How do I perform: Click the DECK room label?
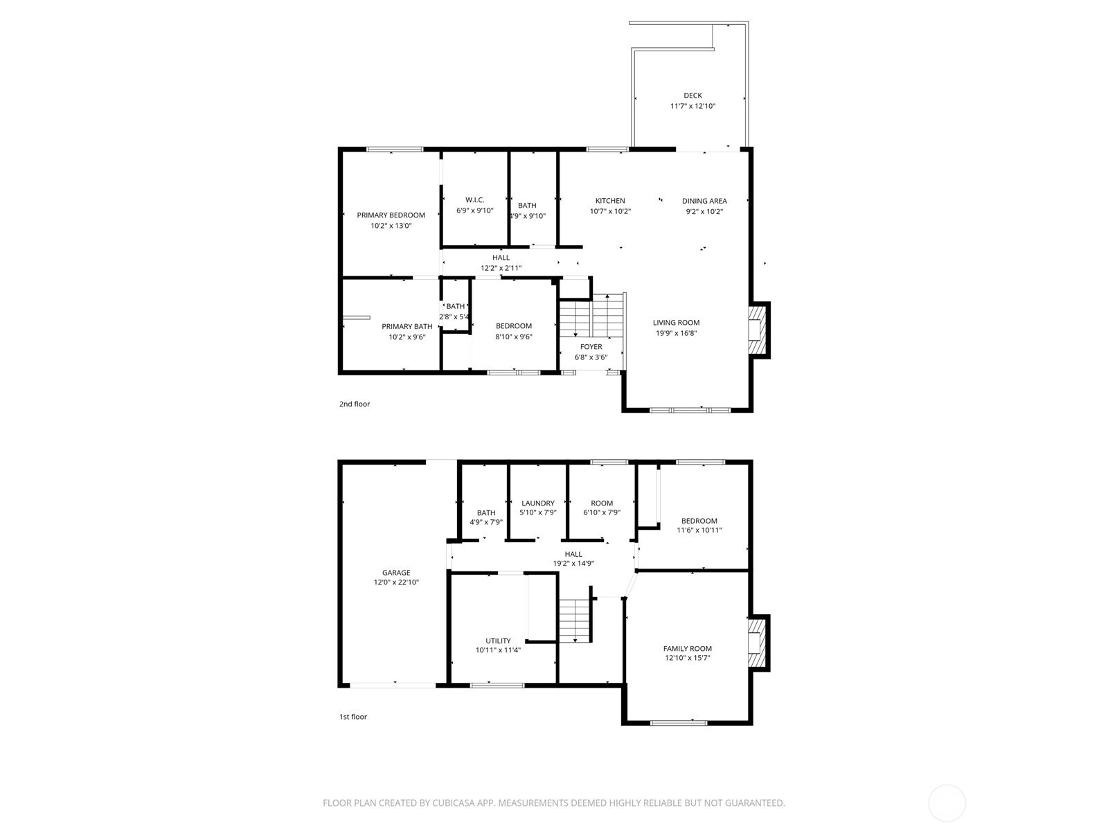click(x=692, y=96)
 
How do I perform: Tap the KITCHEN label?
click(x=610, y=201)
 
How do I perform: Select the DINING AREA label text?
click(x=704, y=201)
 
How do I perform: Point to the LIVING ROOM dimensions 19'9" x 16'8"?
click(x=676, y=333)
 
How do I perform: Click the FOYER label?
click(x=591, y=347)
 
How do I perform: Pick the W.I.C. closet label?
click(x=474, y=200)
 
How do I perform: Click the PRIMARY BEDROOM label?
click(x=391, y=215)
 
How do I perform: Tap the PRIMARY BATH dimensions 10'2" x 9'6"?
click(x=407, y=337)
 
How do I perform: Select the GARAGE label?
click(x=395, y=573)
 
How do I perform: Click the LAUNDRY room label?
click(x=537, y=503)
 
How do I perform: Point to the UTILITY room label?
click(x=498, y=641)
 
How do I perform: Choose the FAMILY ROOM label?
click(x=687, y=648)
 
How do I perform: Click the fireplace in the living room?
click(x=759, y=330)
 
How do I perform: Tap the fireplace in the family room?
click(x=759, y=643)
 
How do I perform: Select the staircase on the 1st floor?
click(x=575, y=620)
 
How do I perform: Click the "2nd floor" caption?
click(x=355, y=404)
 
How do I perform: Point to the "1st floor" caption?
click(x=353, y=717)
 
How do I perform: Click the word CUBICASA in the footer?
click(x=454, y=803)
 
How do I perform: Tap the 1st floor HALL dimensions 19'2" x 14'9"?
click(x=573, y=563)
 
